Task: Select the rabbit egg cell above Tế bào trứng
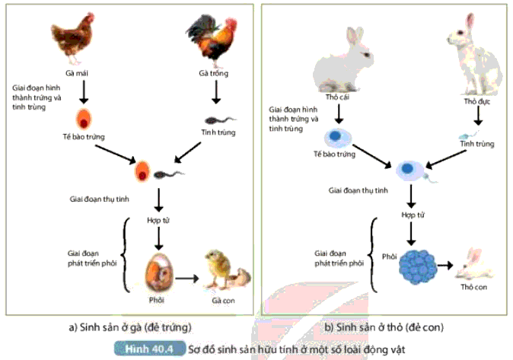tap(336, 138)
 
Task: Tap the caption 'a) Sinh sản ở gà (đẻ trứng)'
tap(129, 327)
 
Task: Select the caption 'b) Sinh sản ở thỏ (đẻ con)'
tap(388, 327)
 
